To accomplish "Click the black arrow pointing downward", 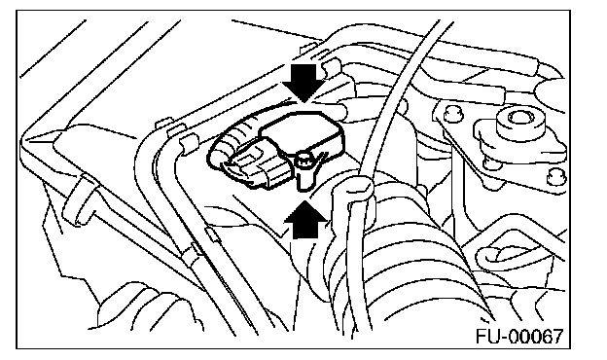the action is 304,82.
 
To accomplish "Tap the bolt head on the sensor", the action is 305,161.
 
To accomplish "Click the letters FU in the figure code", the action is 487,336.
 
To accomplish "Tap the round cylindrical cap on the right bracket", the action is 520,123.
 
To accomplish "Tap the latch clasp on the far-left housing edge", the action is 80,202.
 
